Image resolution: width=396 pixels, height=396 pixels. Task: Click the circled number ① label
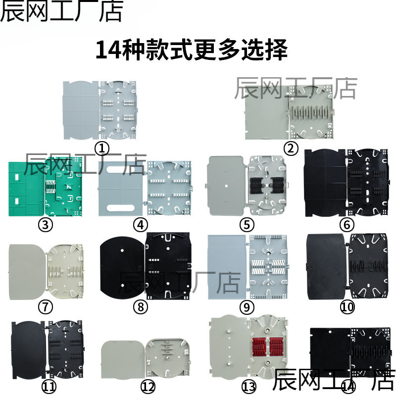point(101,148)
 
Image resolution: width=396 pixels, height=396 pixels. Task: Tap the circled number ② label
point(291,148)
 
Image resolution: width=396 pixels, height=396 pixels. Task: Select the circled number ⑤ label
point(246,225)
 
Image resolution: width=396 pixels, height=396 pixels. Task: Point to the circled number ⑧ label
point(141,307)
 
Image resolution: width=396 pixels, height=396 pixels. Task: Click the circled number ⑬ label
point(246,386)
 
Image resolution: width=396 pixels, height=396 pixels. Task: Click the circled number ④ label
point(141,225)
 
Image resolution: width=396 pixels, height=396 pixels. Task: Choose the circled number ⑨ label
point(246,307)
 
